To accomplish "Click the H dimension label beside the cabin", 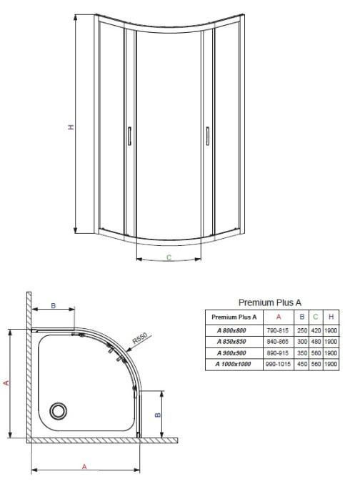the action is [71, 127].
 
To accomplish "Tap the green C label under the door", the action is [169, 257].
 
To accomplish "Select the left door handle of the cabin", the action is [129, 136].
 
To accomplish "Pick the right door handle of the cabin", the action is [208, 136].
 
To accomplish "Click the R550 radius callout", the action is [140, 338].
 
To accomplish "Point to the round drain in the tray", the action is [58, 411].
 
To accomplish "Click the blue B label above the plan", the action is [54, 305].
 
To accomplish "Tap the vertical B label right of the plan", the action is [158, 415].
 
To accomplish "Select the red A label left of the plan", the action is [6, 382].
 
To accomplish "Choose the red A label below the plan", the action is [84, 467].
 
